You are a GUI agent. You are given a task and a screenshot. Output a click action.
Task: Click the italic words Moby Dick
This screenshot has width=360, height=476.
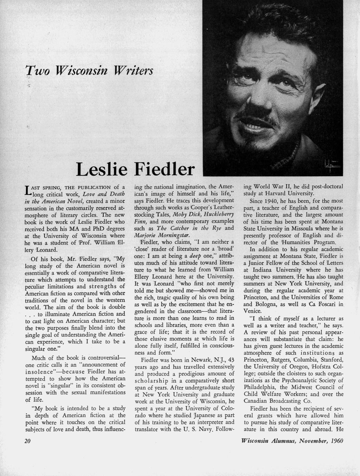[184, 214]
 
